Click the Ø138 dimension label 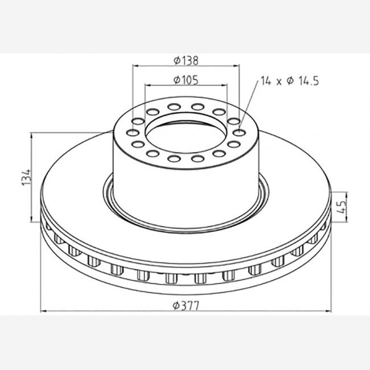click(186, 60)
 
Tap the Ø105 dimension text click(186, 80)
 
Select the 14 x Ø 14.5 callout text click(290, 81)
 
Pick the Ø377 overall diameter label click(186, 306)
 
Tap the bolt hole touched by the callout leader click(239, 133)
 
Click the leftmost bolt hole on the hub click(133, 133)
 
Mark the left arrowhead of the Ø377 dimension click(43, 311)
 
